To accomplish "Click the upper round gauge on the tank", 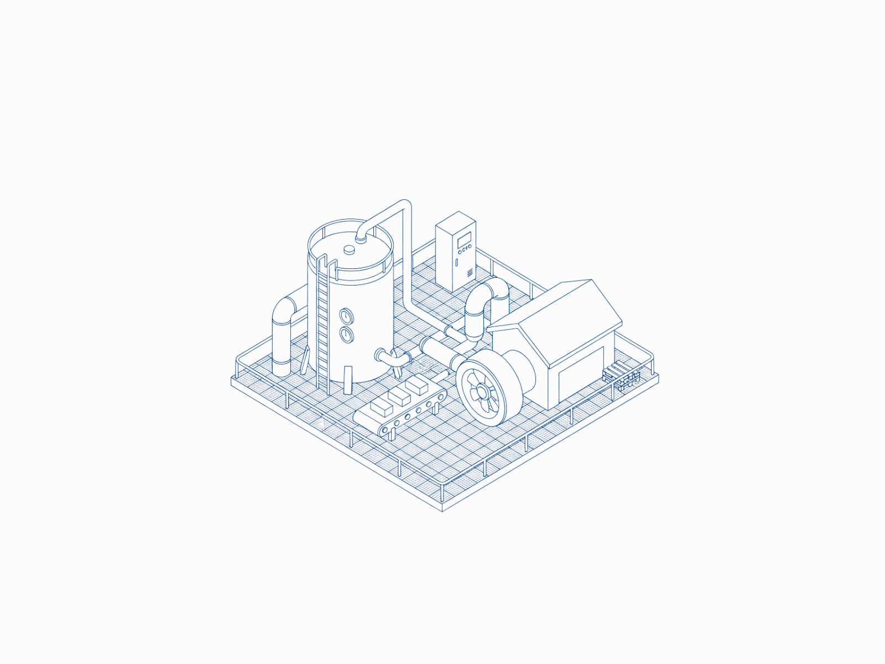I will tap(346, 316).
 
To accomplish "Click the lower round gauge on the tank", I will tap(346, 334).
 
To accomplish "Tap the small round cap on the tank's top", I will tap(350, 250).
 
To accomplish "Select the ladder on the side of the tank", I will tap(322, 326).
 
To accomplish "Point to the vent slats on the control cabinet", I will tap(470, 272).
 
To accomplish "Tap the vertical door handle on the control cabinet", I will tap(456, 262).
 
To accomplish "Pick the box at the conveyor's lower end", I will tap(381, 407).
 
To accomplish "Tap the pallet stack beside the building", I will tap(622, 374).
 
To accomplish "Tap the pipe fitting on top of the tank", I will tap(361, 237).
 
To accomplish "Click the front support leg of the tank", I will tap(347, 380).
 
